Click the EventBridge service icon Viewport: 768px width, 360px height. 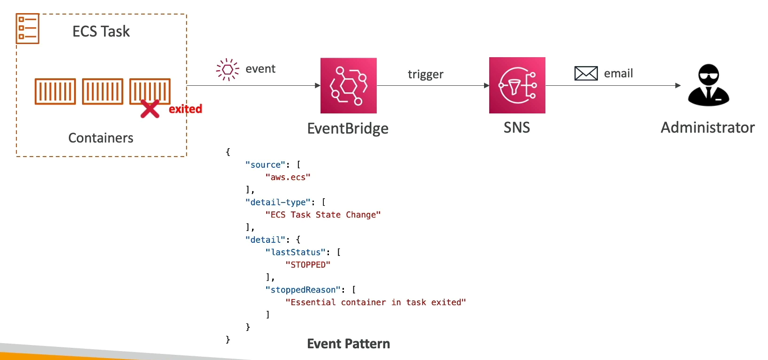(x=348, y=85)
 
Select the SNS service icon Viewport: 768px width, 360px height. (x=517, y=85)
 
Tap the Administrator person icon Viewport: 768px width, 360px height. (x=708, y=85)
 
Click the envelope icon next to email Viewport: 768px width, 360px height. (x=586, y=74)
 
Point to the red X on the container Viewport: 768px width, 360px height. (x=150, y=109)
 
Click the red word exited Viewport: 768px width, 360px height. (x=186, y=109)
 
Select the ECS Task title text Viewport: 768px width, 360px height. (x=101, y=31)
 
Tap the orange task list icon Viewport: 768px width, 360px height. (x=28, y=29)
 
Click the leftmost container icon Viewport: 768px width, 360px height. (x=55, y=91)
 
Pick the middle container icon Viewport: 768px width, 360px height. (x=103, y=91)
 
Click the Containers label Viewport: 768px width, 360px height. (x=101, y=138)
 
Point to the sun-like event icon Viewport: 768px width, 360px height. (x=227, y=70)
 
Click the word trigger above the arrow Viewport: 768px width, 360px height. (x=425, y=75)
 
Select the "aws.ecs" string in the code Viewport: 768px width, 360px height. (x=288, y=177)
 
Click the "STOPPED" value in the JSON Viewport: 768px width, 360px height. (x=308, y=265)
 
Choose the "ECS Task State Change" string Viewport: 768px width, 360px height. (x=323, y=215)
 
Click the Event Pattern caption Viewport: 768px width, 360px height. (x=348, y=344)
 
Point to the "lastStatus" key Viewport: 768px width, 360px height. (x=295, y=252)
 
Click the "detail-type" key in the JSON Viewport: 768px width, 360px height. (x=278, y=202)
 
